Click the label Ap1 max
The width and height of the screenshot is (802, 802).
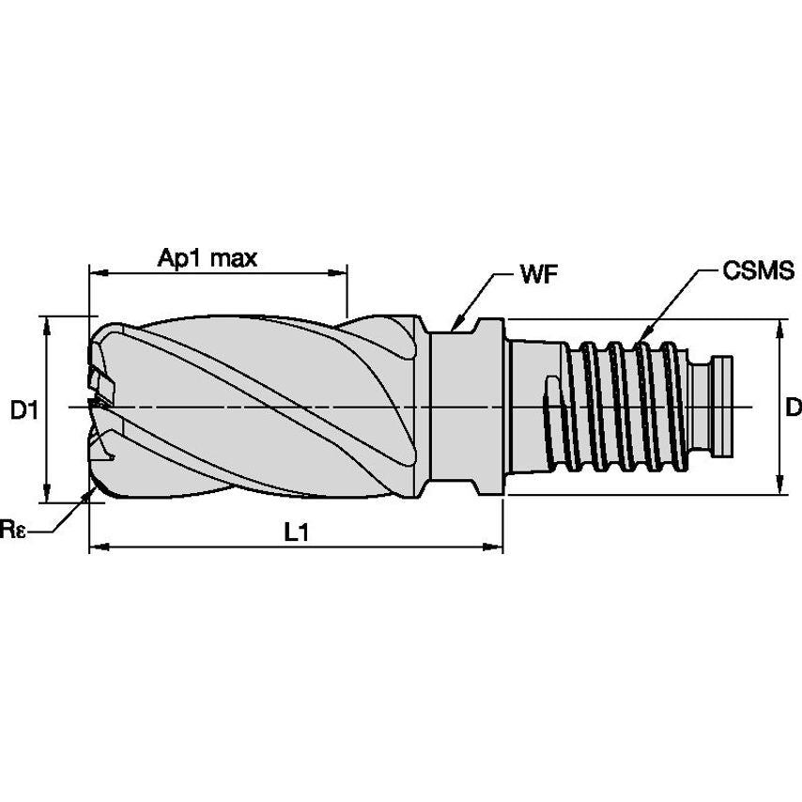coord(207,258)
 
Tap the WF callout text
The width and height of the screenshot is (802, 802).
coord(538,274)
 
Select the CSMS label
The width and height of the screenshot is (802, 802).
coord(759,272)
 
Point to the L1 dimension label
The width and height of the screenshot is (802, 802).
coord(296,532)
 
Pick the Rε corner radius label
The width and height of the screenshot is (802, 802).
coord(14,531)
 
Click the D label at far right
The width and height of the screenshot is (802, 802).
coord(793,408)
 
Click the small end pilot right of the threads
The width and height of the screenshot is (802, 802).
coord(724,406)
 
